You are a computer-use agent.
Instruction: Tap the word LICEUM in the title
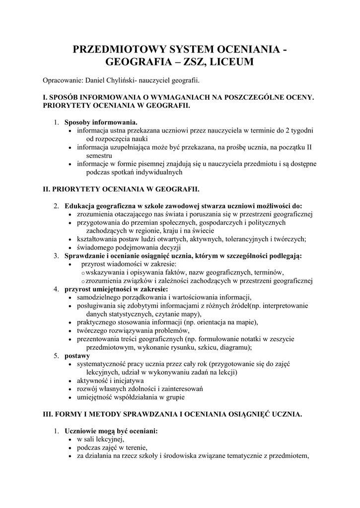(x=233, y=63)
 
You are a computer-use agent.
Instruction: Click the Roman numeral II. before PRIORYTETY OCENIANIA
(x=48, y=189)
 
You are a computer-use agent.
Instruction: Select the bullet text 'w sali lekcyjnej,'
(x=100, y=440)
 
